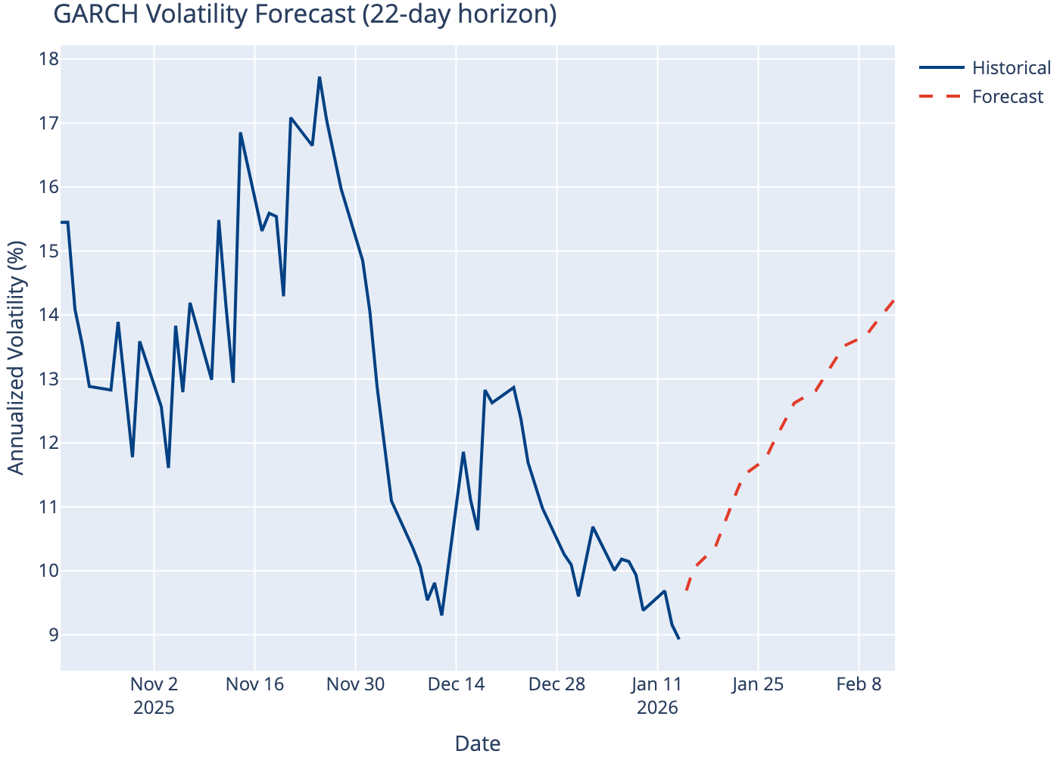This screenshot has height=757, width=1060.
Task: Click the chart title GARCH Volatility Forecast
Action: pyautogui.click(x=305, y=14)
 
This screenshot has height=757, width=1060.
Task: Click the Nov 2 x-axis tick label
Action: pyautogui.click(x=154, y=685)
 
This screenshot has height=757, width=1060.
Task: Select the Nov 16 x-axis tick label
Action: pyautogui.click(x=255, y=685)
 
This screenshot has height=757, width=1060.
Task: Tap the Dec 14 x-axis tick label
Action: pyautogui.click(x=457, y=685)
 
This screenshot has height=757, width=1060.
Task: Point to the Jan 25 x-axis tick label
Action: pyautogui.click(x=758, y=685)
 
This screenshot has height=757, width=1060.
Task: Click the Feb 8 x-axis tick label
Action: pyautogui.click(x=859, y=685)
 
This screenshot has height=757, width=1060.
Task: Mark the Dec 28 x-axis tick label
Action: pyautogui.click(x=556, y=685)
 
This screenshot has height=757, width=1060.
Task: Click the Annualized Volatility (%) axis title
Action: pyautogui.click(x=16, y=357)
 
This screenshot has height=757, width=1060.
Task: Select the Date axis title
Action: pyautogui.click(x=477, y=743)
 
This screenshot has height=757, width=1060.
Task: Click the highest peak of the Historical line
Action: pyautogui.click(x=320, y=77)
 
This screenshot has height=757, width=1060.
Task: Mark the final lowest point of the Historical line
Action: pyautogui.click(x=678, y=639)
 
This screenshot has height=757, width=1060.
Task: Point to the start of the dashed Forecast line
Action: pyautogui.click(x=686, y=590)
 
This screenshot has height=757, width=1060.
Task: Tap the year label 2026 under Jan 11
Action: pyautogui.click(x=657, y=709)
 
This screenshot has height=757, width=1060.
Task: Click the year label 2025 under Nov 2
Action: pyautogui.click(x=154, y=709)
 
